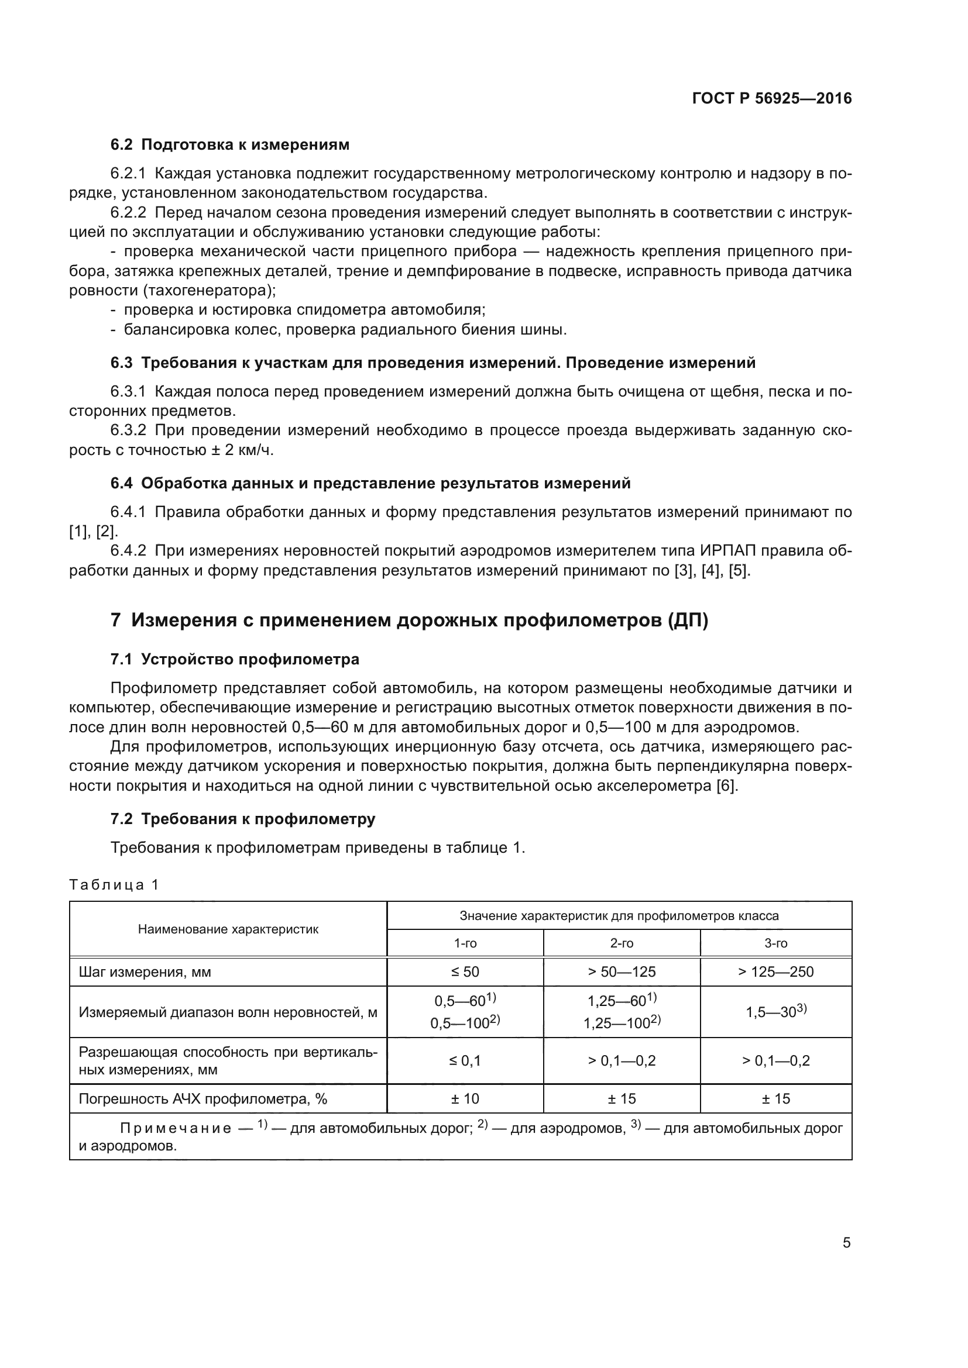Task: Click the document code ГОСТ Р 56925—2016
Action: click(772, 98)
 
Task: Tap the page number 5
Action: click(846, 1243)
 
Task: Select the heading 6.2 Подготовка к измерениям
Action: click(230, 145)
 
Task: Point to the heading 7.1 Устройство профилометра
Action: click(235, 659)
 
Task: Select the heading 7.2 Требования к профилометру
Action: click(243, 819)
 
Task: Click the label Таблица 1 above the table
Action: click(114, 884)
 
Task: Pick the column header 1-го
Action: click(465, 943)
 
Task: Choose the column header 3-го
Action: click(775, 943)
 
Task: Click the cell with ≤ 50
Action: click(465, 972)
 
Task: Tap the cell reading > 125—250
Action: click(775, 972)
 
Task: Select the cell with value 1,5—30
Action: click(775, 1012)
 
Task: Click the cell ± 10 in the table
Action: click(465, 1098)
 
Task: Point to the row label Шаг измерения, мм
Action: click(145, 973)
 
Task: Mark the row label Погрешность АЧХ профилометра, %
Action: click(202, 1099)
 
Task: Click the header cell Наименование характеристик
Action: click(228, 929)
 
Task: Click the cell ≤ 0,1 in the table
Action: click(465, 1060)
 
